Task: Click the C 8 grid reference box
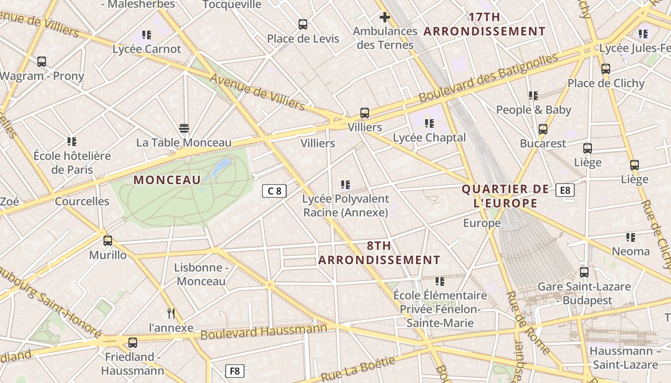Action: pyautogui.click(x=274, y=191)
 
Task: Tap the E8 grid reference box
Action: pyautogui.click(x=565, y=190)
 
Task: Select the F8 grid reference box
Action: pyautogui.click(x=234, y=371)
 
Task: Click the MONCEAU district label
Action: pyautogui.click(x=167, y=180)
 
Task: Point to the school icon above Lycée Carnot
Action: pyautogui.click(x=147, y=35)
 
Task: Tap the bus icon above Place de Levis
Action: pyautogui.click(x=303, y=24)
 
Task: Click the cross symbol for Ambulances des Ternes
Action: pyautogui.click(x=384, y=18)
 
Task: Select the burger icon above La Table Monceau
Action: pyautogui.click(x=184, y=128)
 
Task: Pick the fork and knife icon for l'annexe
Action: pyautogui.click(x=171, y=314)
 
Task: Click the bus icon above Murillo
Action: pyautogui.click(x=108, y=241)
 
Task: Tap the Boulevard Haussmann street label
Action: pyautogui.click(x=264, y=332)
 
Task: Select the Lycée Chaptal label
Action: pyautogui.click(x=429, y=138)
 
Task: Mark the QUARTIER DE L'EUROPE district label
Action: pyautogui.click(x=505, y=196)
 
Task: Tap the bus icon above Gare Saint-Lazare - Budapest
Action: pyautogui.click(x=584, y=272)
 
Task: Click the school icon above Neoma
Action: pyautogui.click(x=631, y=237)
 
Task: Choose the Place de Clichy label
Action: pyautogui.click(x=606, y=83)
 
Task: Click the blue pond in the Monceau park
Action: pyautogui.click(x=221, y=167)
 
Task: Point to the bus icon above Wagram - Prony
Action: pyautogui.click(x=42, y=62)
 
